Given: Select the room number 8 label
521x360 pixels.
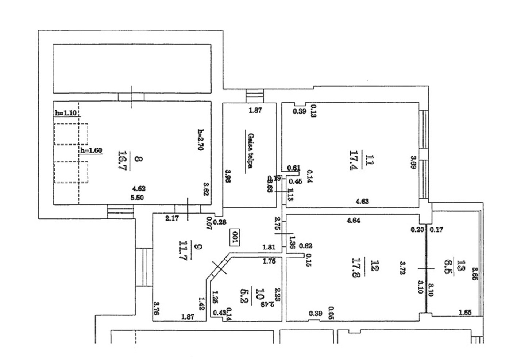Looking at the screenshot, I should pos(138,159).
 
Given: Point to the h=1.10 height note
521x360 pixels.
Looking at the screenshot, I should pos(66,113).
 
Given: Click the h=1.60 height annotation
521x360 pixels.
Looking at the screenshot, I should pos(91,150).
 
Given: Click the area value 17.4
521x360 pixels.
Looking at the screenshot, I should pos(353,161).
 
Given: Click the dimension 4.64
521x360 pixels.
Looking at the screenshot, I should pos(354,220).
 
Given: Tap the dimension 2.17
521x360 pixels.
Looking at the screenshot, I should pos(171,219).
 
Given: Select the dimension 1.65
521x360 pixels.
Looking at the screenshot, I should pos(465,313).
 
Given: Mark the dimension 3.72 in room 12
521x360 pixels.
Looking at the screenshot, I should pos(402,268).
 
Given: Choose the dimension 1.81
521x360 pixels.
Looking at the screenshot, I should pos(269,247).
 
